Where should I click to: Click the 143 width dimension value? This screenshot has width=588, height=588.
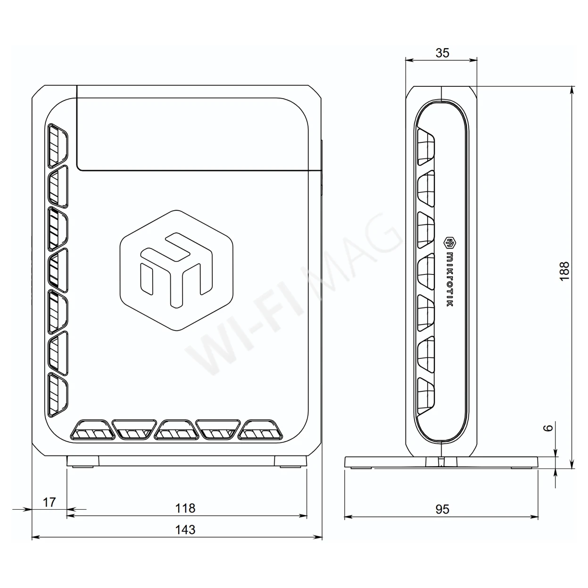click(x=185, y=530)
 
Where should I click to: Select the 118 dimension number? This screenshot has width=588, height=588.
click(x=185, y=508)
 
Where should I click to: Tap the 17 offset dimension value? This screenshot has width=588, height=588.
click(x=49, y=502)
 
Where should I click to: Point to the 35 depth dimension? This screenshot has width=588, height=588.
click(x=442, y=53)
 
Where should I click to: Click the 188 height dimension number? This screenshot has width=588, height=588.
click(x=564, y=271)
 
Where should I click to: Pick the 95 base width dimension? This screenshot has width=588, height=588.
click(x=442, y=509)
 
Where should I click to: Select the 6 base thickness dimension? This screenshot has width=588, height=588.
click(x=547, y=428)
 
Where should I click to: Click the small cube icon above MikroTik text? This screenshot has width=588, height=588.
click(x=449, y=243)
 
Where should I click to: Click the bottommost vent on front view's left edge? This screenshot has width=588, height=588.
click(x=57, y=395)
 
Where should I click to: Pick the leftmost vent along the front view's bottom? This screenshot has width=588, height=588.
click(x=92, y=430)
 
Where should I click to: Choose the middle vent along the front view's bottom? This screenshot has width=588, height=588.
click(x=176, y=430)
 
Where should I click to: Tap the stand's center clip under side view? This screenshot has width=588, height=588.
click(x=441, y=461)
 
